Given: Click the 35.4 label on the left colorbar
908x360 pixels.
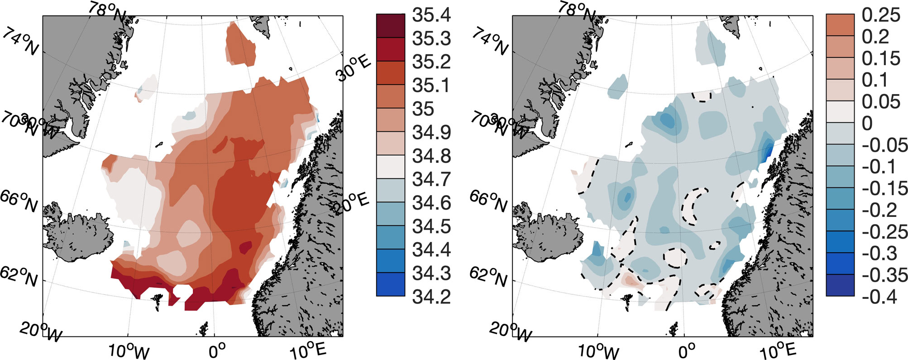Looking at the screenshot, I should point(431,15).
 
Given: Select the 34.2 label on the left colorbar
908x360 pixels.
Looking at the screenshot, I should point(431,297).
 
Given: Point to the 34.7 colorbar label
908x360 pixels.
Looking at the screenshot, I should point(431,180).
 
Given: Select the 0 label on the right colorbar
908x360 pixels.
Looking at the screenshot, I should point(867,123).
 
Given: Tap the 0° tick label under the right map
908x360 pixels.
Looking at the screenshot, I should point(686,351).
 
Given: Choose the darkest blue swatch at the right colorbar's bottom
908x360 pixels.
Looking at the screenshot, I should point(840,286).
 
